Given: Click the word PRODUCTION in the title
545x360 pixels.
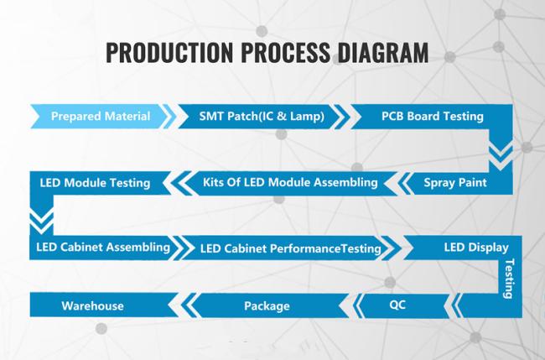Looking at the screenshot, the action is tap(169, 52).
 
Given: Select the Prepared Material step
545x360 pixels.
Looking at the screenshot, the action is tap(101, 116).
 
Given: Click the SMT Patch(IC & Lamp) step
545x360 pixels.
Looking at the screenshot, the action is tap(262, 116).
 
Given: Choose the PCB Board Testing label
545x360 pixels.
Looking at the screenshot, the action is tap(433, 116).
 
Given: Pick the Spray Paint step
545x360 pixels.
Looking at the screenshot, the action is tap(455, 183).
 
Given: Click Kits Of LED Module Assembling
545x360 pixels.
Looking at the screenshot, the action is tap(290, 183).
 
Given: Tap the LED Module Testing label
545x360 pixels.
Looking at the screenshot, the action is tap(95, 183).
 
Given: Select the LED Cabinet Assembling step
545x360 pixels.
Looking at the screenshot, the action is tap(103, 248).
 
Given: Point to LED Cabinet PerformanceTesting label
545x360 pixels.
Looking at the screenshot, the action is tap(291, 248).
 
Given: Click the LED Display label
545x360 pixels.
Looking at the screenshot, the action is tap(476, 248).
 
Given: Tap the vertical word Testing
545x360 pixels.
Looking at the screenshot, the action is tap(509, 279).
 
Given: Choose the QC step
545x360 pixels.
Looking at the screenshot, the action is tap(397, 305).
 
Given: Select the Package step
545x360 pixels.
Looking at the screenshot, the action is tap(267, 306).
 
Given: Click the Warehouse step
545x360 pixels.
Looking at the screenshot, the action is tap(92, 305).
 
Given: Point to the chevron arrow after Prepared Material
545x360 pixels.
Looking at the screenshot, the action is tap(169, 116).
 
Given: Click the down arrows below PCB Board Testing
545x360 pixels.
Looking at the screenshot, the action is tap(501, 157).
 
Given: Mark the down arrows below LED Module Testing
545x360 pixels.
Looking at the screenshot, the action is tap(42, 222).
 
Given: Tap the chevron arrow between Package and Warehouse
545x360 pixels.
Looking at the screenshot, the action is tap(188, 305).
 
